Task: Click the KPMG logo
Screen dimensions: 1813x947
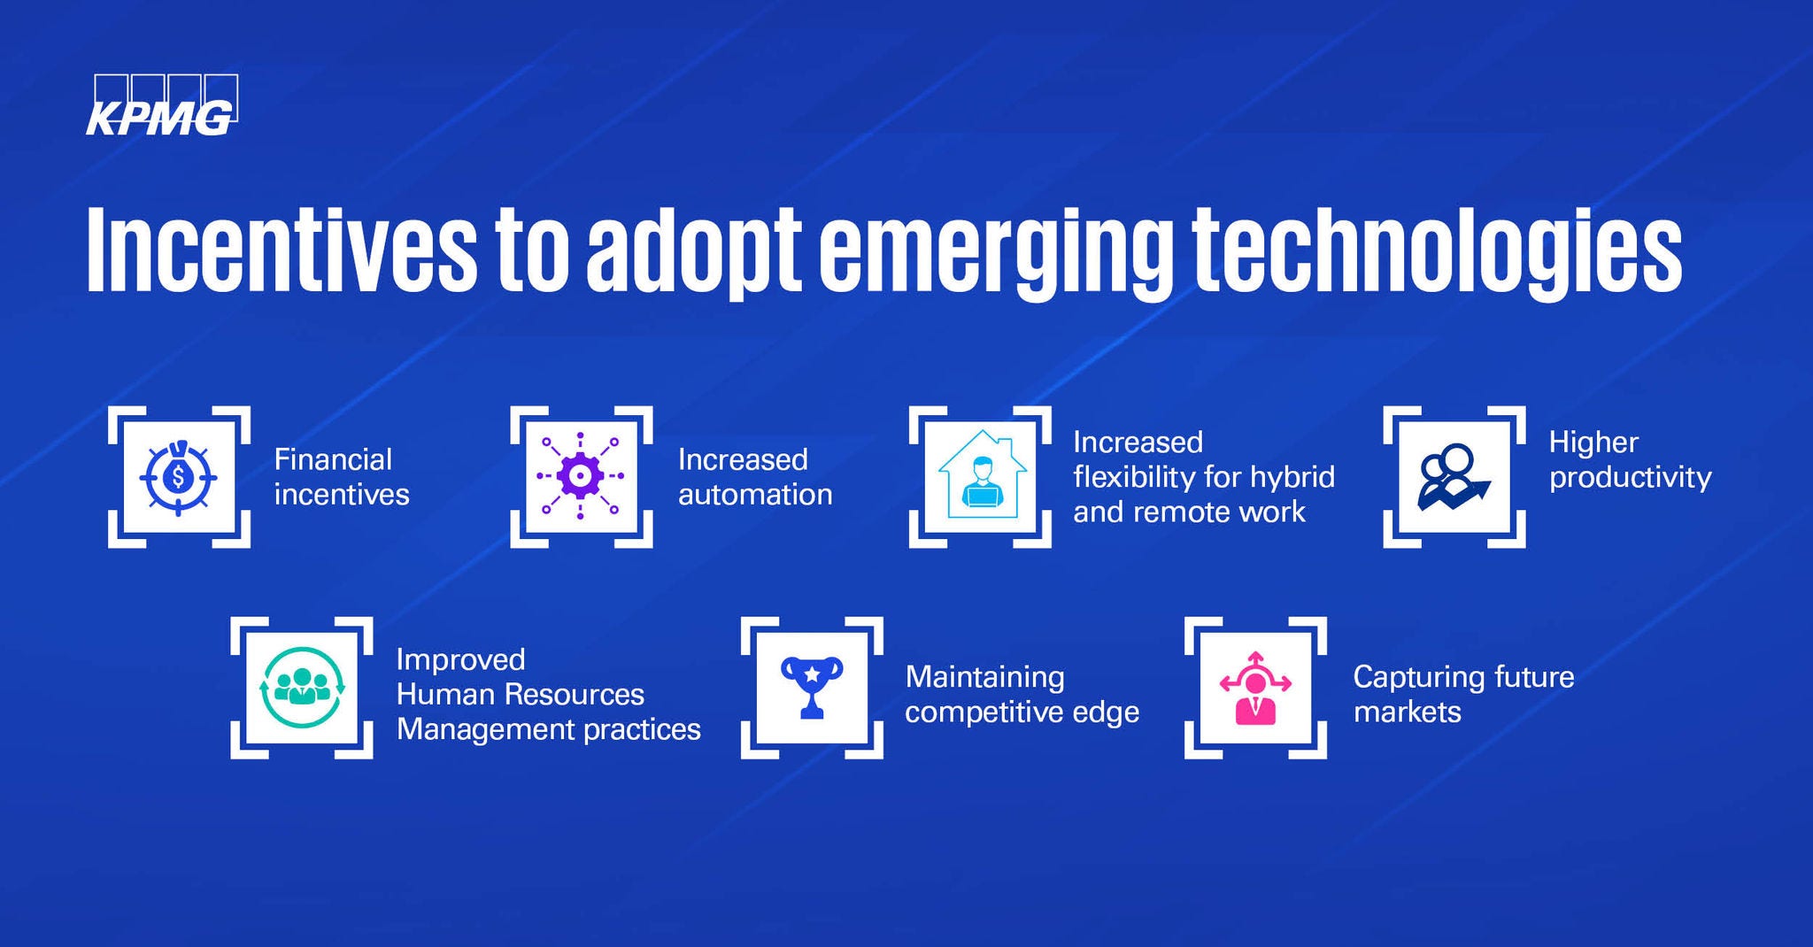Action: pyautogui.click(x=162, y=105)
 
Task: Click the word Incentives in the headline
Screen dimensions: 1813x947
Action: pyautogui.click(x=282, y=250)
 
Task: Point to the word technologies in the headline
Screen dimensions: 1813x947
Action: pyautogui.click(x=1437, y=254)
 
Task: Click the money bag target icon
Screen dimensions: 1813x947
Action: pyautogui.click(x=179, y=477)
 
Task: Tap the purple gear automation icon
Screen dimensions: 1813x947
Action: pyautogui.click(x=581, y=477)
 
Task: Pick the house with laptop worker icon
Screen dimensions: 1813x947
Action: pyautogui.click(x=981, y=475)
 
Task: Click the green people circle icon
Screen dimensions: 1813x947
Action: pyautogui.click(x=302, y=688)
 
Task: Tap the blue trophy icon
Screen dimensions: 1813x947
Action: pyautogui.click(x=812, y=687)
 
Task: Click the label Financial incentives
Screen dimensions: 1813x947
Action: pyautogui.click(x=342, y=476)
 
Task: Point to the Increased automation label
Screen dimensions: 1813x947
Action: pyautogui.click(x=755, y=476)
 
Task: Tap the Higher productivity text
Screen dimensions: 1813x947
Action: pyautogui.click(x=1630, y=460)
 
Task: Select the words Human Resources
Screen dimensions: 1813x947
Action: pyautogui.click(x=521, y=694)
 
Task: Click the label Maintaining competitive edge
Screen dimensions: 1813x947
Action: pyautogui.click(x=1022, y=694)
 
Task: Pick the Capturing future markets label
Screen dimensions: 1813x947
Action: pyautogui.click(x=1464, y=694)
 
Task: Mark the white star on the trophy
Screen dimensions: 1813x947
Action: pyautogui.click(x=812, y=674)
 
